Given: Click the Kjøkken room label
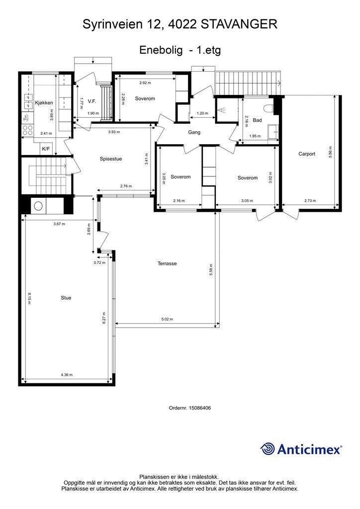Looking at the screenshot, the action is pyautogui.click(x=44, y=103).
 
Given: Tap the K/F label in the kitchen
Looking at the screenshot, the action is pyautogui.click(x=46, y=149).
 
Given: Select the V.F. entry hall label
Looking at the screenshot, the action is pyautogui.click(x=92, y=101).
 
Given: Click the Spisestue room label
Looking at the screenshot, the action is pyautogui.click(x=111, y=159).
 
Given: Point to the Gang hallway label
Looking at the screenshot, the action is pyautogui.click(x=194, y=132).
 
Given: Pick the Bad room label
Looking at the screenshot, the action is pyautogui.click(x=257, y=120).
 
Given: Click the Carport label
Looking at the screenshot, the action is pyautogui.click(x=307, y=154).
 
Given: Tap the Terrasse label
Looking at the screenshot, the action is pyautogui.click(x=167, y=263).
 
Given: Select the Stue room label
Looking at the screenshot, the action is pyautogui.click(x=66, y=298).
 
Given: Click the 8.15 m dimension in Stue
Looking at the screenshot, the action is pyautogui.click(x=29, y=298).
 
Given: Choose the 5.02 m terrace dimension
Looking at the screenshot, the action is pyautogui.click(x=167, y=319).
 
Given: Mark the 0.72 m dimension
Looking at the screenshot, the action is pyautogui.click(x=99, y=262).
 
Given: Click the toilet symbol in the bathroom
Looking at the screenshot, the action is pyautogui.click(x=269, y=108).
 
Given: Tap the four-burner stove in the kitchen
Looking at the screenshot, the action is pyautogui.click(x=27, y=130).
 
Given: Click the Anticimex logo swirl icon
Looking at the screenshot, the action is pyautogui.click(x=268, y=449).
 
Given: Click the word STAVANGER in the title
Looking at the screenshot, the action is pyautogui.click(x=239, y=24).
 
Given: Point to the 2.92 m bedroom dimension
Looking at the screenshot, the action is pyautogui.click(x=145, y=83).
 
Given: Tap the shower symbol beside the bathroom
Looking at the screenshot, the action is pyautogui.click(x=223, y=110).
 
